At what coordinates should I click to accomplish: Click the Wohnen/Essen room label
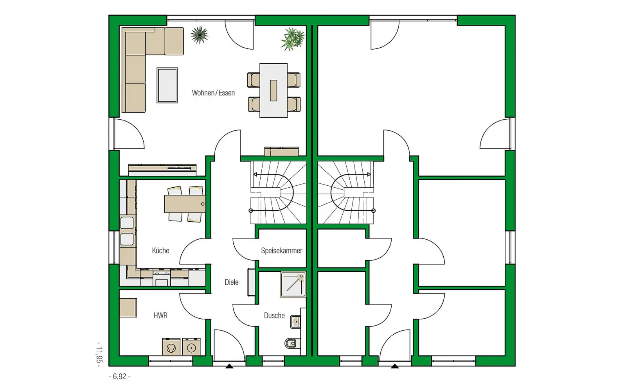(213, 93)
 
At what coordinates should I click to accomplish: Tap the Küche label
(160, 251)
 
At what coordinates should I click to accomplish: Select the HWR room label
(160, 316)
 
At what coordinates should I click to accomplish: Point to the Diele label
(231, 282)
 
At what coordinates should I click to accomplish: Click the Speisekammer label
(281, 251)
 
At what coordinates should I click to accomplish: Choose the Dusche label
(274, 316)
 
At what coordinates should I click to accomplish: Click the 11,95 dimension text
(99, 355)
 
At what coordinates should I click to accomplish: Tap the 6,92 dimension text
(120, 377)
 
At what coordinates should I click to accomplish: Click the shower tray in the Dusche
(293, 285)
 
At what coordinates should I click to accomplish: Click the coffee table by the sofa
(167, 85)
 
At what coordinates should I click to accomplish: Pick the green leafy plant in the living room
(292, 39)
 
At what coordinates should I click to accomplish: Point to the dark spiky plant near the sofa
(200, 35)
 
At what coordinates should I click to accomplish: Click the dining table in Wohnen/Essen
(273, 90)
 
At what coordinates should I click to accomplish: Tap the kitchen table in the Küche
(185, 204)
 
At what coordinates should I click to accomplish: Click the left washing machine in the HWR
(171, 347)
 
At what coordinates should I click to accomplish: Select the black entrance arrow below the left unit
(229, 366)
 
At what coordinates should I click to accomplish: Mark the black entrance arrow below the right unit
(395, 366)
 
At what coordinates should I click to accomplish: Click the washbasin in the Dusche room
(295, 322)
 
